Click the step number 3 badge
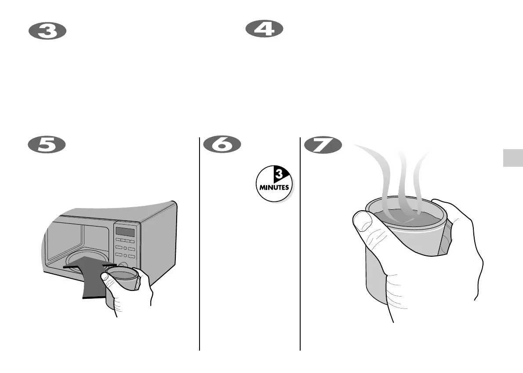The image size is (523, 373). click(47, 32)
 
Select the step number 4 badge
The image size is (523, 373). click(264, 30)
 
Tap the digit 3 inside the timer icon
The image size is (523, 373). click(278, 174)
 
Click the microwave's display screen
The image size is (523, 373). click(124, 232)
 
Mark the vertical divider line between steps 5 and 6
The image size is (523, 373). click(200, 246)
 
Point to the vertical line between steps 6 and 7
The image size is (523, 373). click(300, 246)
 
